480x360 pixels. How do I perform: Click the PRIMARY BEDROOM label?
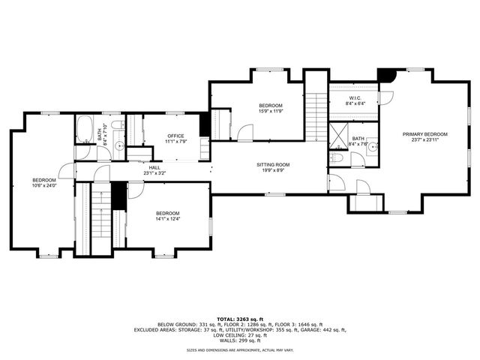tap(424, 136)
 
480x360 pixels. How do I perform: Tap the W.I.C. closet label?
tap(355, 100)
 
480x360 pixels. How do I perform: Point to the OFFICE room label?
tap(175, 138)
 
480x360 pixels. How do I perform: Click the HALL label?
tap(154, 170)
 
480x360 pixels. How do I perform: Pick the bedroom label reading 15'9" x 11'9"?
tap(270, 107)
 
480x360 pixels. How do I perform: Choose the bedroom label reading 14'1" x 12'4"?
tap(167, 215)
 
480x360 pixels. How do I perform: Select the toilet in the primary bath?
tap(337, 158)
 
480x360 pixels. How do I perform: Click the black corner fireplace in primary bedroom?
tap(385, 76)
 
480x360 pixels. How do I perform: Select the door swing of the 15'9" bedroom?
tap(245, 133)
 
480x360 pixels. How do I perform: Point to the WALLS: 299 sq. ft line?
tap(240, 340)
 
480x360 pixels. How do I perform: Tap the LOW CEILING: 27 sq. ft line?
tap(240, 334)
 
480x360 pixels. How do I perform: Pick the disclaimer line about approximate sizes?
tap(240, 350)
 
